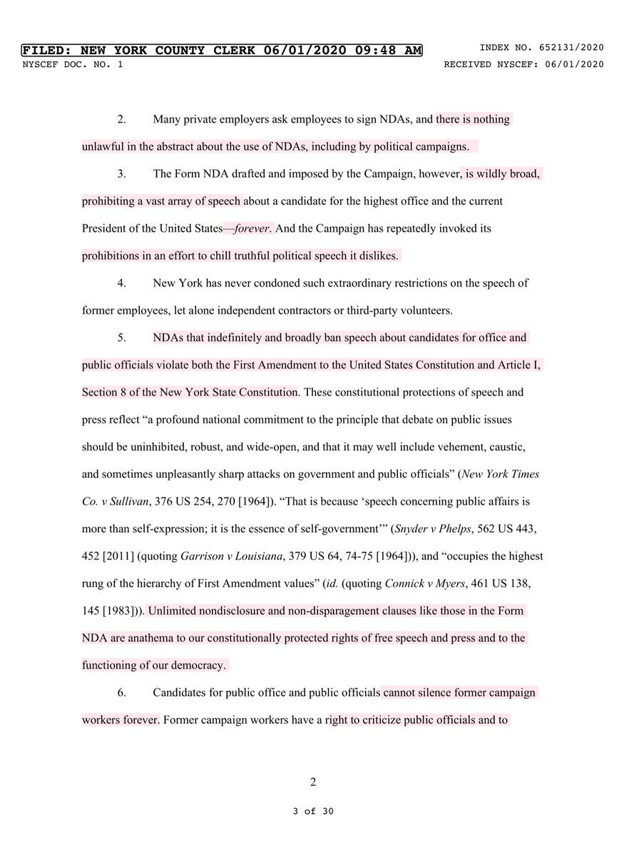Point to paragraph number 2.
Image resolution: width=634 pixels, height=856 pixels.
point(121,120)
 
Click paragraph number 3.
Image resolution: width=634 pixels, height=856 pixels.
point(121,174)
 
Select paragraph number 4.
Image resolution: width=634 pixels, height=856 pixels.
point(121,283)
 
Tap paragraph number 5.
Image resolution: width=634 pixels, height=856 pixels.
point(121,337)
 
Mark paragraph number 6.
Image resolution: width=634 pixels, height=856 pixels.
point(121,693)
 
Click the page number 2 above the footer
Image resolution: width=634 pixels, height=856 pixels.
point(312,781)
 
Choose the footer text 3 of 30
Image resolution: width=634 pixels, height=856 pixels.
point(312,812)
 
